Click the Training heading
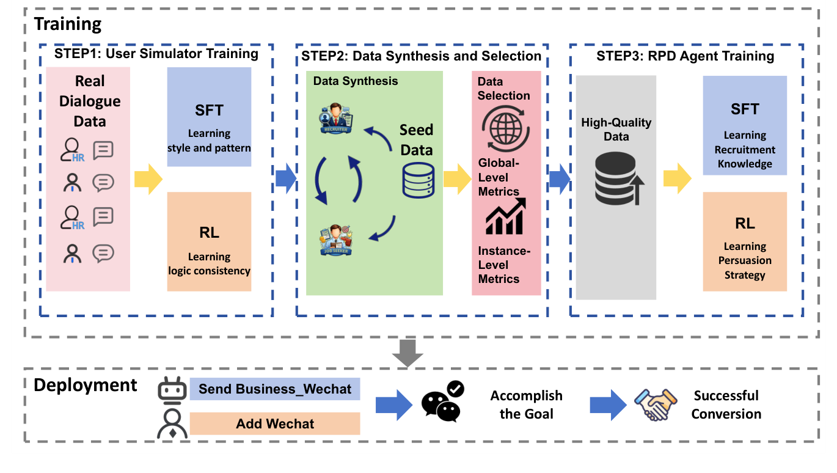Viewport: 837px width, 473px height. tap(67, 24)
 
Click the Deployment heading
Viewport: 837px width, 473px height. tap(85, 386)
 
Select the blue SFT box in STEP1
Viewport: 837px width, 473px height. tap(209, 117)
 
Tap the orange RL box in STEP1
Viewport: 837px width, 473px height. tap(209, 241)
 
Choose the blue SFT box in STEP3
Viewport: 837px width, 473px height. tap(745, 125)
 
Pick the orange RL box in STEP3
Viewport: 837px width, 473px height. tap(745, 241)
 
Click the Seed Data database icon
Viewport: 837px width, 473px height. tap(418, 180)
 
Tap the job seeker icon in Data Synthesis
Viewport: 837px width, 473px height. tap(336, 240)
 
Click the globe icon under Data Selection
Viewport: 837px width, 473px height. tap(505, 130)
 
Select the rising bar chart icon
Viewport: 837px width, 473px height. tap(505, 218)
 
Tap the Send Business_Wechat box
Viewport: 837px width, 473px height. tap(275, 389)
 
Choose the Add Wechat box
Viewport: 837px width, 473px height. tap(275, 424)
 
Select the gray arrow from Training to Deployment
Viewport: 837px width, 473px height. tap(408, 352)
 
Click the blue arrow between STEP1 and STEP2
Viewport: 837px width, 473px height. tap(285, 179)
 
